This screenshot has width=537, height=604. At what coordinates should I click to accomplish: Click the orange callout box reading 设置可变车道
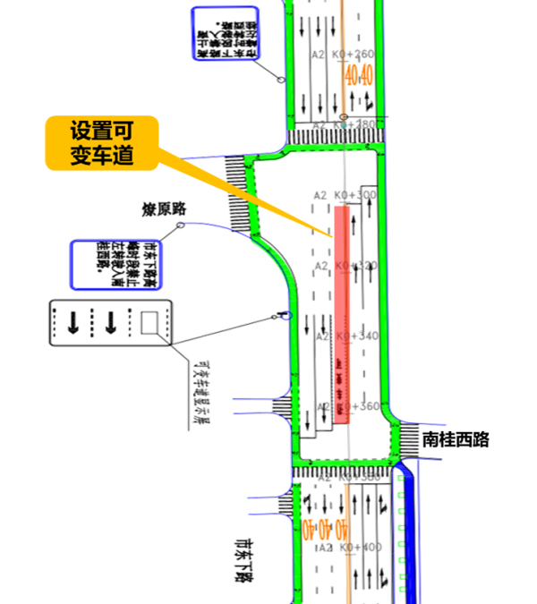pyautogui.click(x=102, y=143)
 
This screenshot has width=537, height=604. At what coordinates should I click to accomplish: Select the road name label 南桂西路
pyautogui.click(x=456, y=439)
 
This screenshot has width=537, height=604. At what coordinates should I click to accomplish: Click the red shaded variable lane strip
pyautogui.click(x=342, y=313)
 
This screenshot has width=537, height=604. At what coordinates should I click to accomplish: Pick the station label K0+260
pyautogui.click(x=354, y=55)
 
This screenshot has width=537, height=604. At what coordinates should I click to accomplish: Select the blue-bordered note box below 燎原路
pyautogui.click(x=115, y=263)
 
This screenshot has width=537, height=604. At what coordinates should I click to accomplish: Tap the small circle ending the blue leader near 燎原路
pyautogui.click(x=181, y=225)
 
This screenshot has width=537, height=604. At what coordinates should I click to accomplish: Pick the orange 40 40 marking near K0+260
pyautogui.click(x=359, y=75)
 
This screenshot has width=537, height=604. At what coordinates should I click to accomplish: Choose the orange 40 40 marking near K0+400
pyautogui.click(x=313, y=528)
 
